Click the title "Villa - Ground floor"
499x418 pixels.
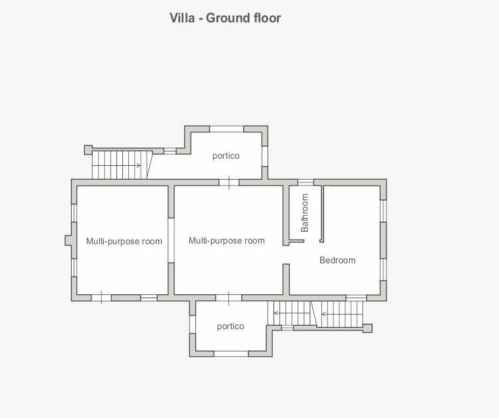(x=225, y=18)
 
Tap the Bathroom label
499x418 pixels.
(x=304, y=213)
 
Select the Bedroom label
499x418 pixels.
(x=337, y=260)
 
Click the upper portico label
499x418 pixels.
(x=226, y=156)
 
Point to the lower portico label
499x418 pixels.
(x=230, y=327)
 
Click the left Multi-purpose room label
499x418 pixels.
(x=124, y=241)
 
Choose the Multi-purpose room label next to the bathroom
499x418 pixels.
(x=227, y=240)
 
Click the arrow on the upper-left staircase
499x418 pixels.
(x=116, y=165)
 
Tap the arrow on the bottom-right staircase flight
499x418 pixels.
(x=341, y=314)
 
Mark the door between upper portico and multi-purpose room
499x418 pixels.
(x=229, y=182)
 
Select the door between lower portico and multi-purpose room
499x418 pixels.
(x=229, y=298)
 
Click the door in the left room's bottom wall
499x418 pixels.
(x=101, y=298)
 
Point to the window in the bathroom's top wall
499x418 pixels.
(x=306, y=182)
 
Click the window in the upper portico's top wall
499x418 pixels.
(x=227, y=129)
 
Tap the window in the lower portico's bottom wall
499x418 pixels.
(x=231, y=353)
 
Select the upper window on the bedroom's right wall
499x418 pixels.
(x=383, y=211)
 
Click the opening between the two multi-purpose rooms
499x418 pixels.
(x=171, y=240)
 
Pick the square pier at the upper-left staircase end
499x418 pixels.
(x=88, y=149)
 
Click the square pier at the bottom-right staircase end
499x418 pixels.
(x=368, y=328)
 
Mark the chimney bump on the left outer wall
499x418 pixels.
(x=68, y=240)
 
